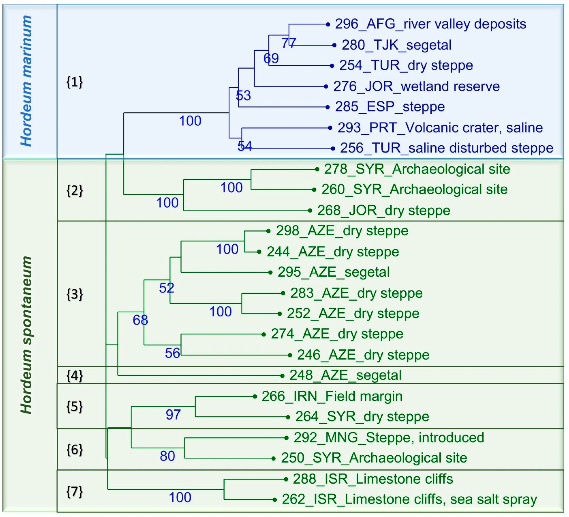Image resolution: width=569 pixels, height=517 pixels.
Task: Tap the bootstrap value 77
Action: [288, 43]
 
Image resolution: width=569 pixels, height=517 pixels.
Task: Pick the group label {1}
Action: [74, 82]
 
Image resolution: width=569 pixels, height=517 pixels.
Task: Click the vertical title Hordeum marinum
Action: [26, 81]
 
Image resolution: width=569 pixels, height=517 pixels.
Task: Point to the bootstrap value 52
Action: [166, 288]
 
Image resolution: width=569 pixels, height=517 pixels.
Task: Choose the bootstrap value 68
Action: [140, 320]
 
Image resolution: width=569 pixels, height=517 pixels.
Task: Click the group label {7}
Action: [74, 492]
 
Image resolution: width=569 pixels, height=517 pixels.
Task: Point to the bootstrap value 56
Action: [172, 353]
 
